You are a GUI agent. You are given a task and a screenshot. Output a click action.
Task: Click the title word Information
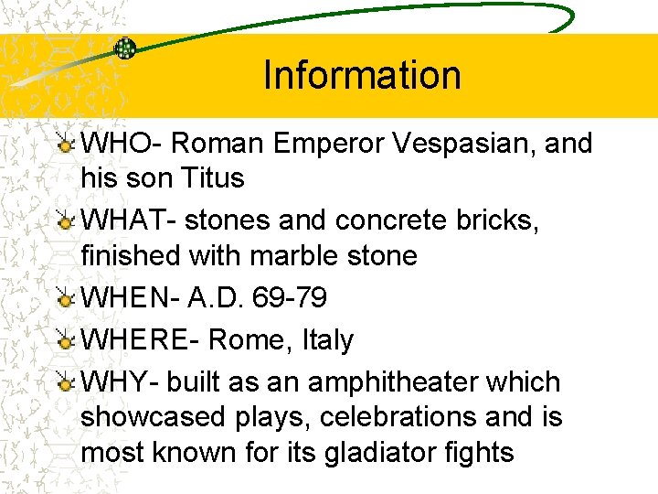362,75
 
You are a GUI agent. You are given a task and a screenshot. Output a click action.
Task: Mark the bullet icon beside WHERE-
65,341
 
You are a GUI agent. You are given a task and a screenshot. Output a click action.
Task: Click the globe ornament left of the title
124,48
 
